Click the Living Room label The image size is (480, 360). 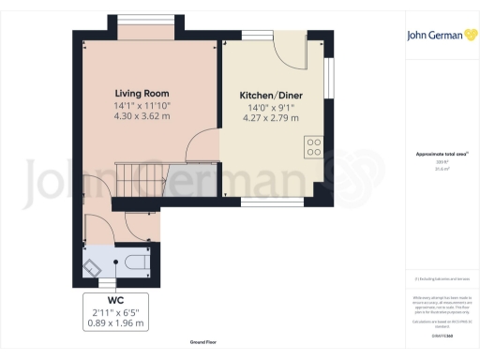point(142,94)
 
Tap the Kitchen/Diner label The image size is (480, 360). point(270,96)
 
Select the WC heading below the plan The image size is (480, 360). point(115,301)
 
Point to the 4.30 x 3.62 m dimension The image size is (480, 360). point(142,117)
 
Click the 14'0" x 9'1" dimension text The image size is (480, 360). point(270,107)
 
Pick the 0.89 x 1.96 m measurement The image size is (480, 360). point(115,323)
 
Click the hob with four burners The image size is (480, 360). point(313,147)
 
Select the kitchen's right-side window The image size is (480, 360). point(329,78)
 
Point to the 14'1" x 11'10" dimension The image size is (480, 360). point(142,106)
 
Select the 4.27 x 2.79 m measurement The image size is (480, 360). point(270,118)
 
